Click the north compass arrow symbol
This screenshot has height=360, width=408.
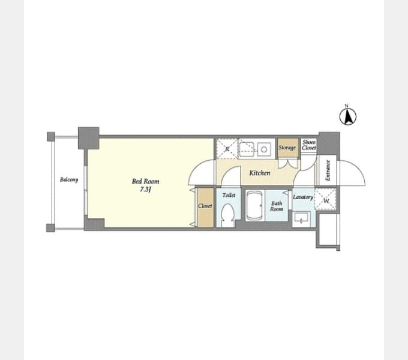pos(348,116)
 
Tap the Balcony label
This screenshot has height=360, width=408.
pos(69,179)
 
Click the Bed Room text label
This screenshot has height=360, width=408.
pos(145,181)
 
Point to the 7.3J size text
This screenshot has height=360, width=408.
pos(145,190)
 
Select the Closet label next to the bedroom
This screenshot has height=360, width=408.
pos(205,206)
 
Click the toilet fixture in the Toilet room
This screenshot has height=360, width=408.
pos(227,215)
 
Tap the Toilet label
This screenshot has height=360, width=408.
pos(229,195)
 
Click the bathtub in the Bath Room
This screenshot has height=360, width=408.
pos(254,205)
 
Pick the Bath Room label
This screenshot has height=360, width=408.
pos(277,206)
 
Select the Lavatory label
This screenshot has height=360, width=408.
pos(303,197)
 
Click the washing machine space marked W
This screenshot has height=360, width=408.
pos(325,200)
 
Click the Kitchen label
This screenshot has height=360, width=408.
pos(260,173)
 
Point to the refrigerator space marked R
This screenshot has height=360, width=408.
pos(227,149)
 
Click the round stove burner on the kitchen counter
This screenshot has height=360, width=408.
pos(264,149)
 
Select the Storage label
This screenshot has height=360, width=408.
pos(287,148)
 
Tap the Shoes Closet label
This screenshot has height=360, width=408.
pos(309,145)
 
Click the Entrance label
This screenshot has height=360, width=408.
pos(328,170)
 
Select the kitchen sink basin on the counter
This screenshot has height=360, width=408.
pos(247,149)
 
